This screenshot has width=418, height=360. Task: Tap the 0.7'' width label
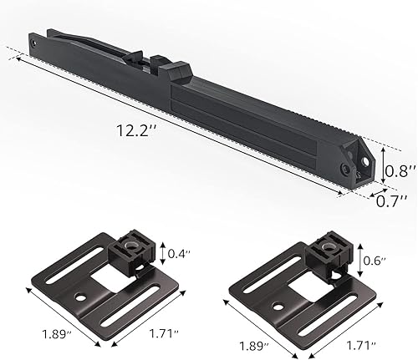390,200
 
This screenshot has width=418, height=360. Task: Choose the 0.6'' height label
375,261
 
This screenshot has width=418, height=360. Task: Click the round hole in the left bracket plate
82,297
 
